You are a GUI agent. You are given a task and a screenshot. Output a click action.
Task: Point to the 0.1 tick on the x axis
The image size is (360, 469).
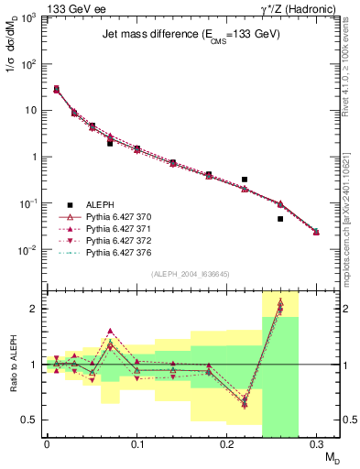point(136,444)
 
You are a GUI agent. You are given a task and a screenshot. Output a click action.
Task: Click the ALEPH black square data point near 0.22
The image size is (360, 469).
point(245,180)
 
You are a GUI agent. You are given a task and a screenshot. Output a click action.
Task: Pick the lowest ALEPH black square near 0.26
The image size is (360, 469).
point(280,219)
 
